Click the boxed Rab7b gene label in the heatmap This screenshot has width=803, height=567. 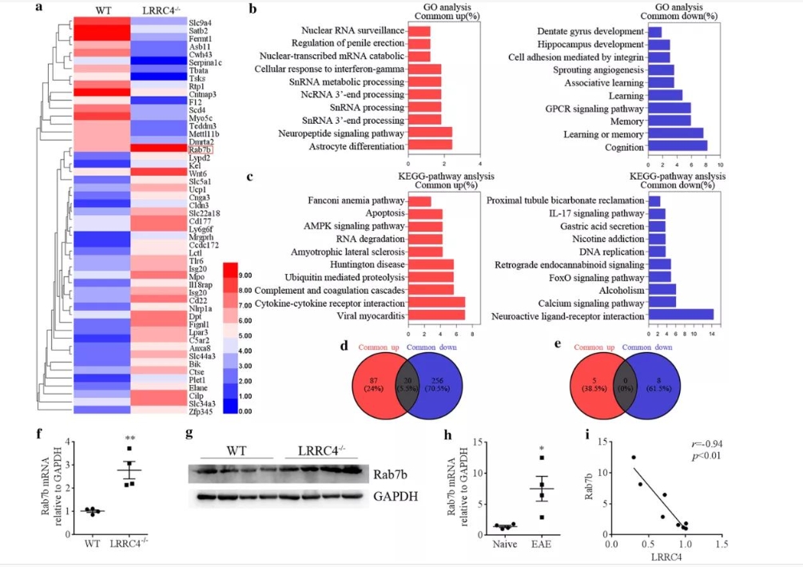pos(200,149)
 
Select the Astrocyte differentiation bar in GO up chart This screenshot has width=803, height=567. pos(430,145)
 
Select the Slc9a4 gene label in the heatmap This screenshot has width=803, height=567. pos(200,25)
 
